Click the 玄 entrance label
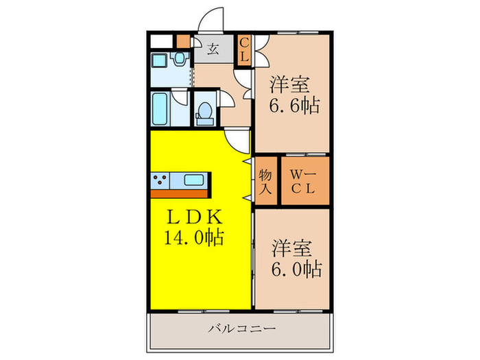(213, 49)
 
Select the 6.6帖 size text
(296, 107)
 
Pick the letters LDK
(195, 217)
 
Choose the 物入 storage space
(265, 181)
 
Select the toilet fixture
(204, 112)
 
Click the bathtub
(162, 109)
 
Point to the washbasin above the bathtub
(180, 60)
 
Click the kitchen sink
(193, 181)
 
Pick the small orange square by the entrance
(182, 40)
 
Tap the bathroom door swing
(182, 96)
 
